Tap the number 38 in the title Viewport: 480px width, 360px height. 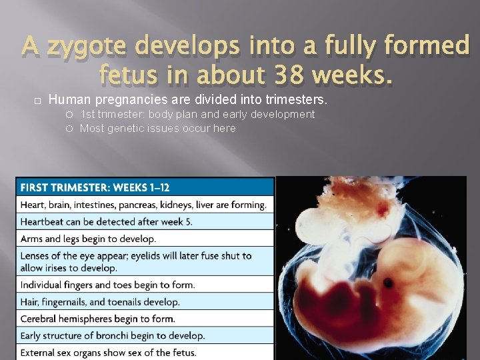coord(275,77)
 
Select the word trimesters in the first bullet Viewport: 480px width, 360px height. coord(295,100)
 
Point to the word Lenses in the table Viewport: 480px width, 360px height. coord(36,255)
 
